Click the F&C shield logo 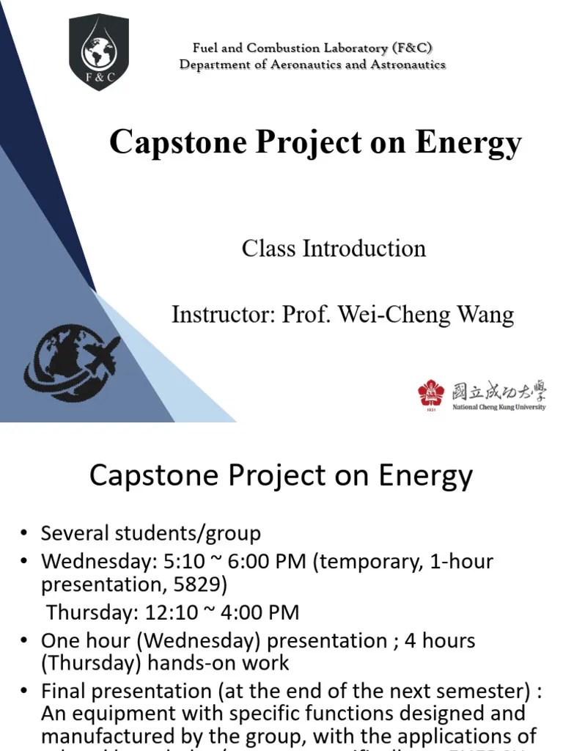(x=99, y=51)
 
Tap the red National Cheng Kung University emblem (x=431, y=394)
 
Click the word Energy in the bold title (x=468, y=142)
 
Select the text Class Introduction (x=334, y=249)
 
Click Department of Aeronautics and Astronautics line (x=312, y=65)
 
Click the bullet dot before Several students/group (x=24, y=534)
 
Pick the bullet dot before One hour (x=24, y=641)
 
